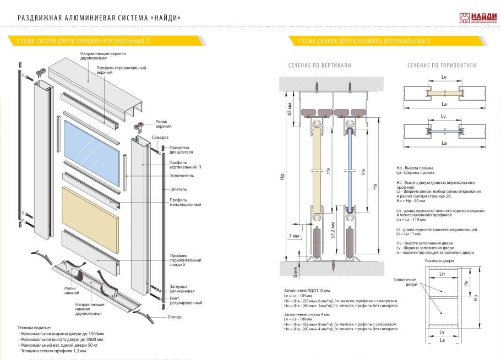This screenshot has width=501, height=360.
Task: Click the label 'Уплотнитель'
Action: (181, 176)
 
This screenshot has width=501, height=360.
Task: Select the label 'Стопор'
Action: (173, 317)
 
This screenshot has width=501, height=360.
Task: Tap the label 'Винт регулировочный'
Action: (186, 300)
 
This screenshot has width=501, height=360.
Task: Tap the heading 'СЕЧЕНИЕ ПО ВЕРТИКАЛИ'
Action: (319, 66)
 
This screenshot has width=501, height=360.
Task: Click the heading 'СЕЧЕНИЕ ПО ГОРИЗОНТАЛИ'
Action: (442, 66)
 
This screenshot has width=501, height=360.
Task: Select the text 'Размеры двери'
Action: (441, 260)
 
